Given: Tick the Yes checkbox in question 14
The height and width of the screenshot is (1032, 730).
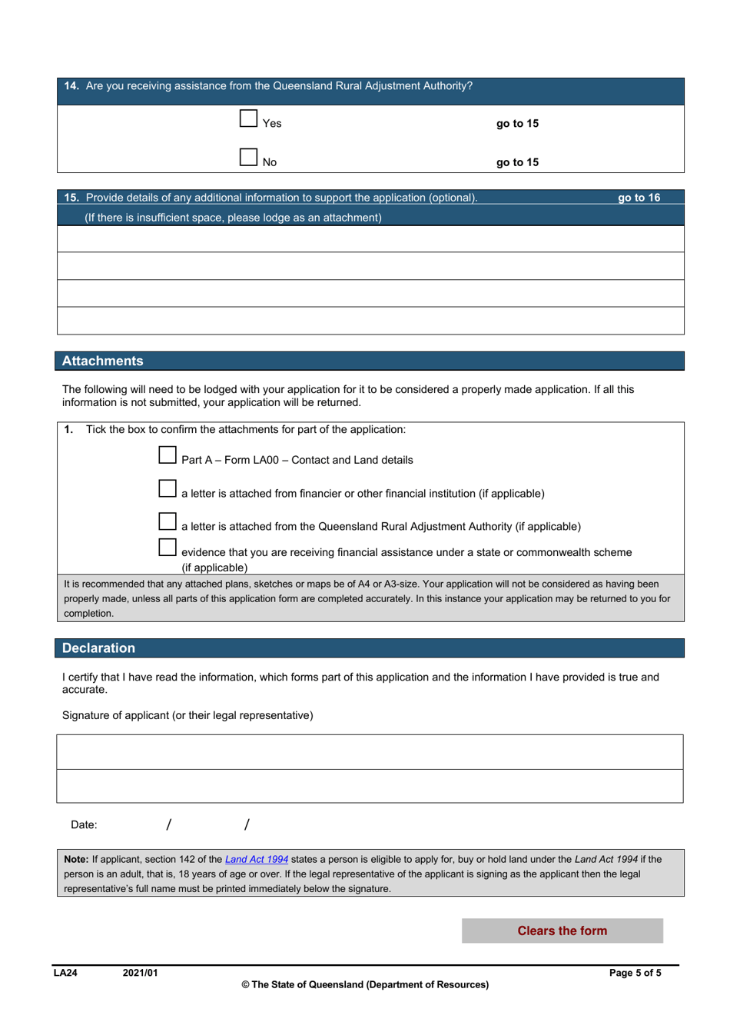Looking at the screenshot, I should point(248,118).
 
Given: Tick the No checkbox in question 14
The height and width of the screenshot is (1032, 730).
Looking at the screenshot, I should point(248,158).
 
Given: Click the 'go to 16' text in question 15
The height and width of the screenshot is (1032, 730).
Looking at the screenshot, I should point(639,198).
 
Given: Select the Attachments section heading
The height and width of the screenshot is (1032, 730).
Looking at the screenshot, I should point(103,361).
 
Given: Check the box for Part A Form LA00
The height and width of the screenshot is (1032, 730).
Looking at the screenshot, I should point(168,455).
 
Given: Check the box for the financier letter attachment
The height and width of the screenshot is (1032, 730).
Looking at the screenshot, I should point(168,488).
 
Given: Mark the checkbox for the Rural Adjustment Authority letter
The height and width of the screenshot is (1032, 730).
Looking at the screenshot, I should point(168,521).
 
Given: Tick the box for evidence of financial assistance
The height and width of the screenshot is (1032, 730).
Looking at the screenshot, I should point(168,548).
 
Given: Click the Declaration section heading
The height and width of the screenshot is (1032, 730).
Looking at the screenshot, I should point(98,648).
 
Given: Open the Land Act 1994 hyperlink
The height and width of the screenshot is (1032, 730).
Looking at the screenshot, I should point(256,860).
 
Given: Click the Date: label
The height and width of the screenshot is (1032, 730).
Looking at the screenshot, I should point(84,825).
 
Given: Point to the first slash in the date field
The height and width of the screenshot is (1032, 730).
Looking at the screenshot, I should point(168,825).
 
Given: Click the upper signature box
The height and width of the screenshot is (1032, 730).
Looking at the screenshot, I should point(370,752).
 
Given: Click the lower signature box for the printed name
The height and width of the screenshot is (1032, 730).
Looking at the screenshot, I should point(370,787).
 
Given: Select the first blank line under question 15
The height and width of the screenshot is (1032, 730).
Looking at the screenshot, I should point(370,239).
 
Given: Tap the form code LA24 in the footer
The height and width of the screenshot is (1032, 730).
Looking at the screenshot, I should point(65,973).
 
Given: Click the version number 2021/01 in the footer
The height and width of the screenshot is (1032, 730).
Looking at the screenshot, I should point(140,973).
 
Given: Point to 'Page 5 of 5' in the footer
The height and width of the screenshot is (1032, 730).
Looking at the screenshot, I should point(635,973).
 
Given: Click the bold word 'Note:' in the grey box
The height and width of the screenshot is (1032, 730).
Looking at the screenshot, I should point(76,860).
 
